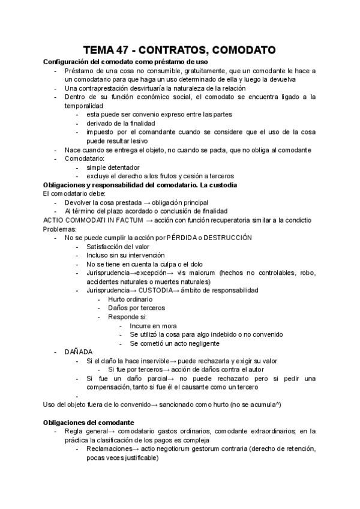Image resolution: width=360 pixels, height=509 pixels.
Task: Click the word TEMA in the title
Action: pos(100,50)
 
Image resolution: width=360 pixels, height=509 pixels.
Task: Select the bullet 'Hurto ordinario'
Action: pos(130,299)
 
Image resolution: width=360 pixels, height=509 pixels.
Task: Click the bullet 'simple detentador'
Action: pos(113,167)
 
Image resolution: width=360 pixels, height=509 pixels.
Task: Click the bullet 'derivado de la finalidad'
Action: pos(121,123)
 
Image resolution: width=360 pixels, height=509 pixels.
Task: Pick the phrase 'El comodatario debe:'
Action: pos(76,194)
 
